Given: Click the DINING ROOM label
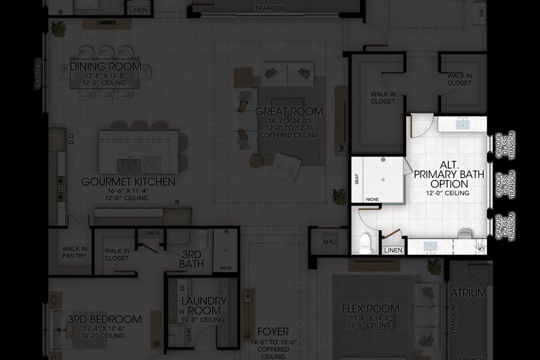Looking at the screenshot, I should (x=105, y=66).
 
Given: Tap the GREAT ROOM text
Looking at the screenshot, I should (x=289, y=112).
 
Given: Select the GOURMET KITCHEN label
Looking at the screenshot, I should (x=128, y=182).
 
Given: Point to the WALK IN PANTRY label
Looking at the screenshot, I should (x=74, y=253).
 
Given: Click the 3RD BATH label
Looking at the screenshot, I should (x=192, y=259).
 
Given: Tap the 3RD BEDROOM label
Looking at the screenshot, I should (x=105, y=319).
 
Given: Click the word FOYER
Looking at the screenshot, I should (x=273, y=331).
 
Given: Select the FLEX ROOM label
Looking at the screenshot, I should (x=370, y=309).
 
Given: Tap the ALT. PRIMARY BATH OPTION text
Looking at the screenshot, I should (x=445, y=174).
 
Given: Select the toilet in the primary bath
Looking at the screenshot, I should (x=365, y=244).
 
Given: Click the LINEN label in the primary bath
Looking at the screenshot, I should (x=393, y=250).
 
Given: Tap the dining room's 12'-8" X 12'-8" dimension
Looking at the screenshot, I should (x=105, y=76).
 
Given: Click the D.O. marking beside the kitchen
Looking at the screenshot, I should (x=71, y=139).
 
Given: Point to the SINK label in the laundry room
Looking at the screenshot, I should (x=173, y=335).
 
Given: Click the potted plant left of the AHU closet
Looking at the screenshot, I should (x=340, y=196).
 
